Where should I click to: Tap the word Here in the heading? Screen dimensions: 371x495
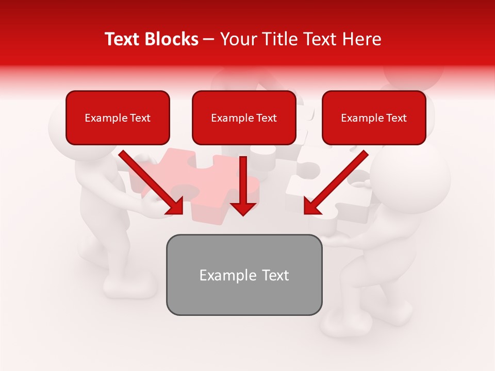[x=360, y=39]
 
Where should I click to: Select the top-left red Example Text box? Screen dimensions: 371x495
[x=118, y=118]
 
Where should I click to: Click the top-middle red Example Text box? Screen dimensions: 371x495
[x=244, y=118]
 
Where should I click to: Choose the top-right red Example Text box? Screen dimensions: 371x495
[x=374, y=118]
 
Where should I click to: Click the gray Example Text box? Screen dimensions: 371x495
[x=244, y=275]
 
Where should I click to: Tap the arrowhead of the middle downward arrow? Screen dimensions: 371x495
[x=243, y=207]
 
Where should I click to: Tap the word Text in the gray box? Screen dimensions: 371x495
[x=275, y=275]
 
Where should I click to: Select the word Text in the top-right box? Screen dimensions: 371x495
[x=396, y=118]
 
